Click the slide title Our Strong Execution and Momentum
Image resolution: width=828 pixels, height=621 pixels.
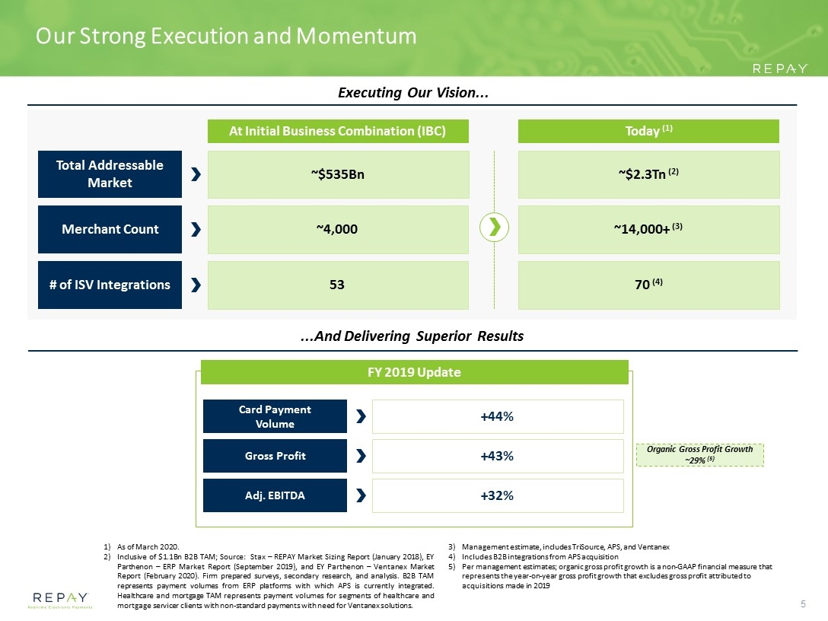click(x=226, y=36)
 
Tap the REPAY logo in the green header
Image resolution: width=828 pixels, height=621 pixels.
click(x=780, y=68)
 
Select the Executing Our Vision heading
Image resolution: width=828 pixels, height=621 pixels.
click(x=413, y=93)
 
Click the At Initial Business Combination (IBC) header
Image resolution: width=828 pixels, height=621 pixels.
click(x=338, y=131)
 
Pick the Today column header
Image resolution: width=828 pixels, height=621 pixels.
click(x=648, y=131)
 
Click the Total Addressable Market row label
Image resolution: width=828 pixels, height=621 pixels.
click(x=110, y=174)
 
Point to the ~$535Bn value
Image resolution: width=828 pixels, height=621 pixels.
click(x=338, y=174)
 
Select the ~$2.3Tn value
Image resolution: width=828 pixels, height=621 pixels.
click(x=648, y=174)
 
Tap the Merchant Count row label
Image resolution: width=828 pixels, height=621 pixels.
click(x=110, y=229)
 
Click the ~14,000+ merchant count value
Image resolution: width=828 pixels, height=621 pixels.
click(x=648, y=228)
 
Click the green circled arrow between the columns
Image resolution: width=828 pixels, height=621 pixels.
click(x=494, y=227)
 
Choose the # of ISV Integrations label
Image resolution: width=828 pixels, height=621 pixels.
click(x=110, y=285)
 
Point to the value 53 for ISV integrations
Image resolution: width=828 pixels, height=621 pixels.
click(x=337, y=285)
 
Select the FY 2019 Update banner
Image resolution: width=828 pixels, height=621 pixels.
click(x=415, y=372)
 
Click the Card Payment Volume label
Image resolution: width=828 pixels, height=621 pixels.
click(x=275, y=416)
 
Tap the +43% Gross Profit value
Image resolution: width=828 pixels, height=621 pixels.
click(x=497, y=456)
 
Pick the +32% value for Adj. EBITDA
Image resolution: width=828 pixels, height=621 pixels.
click(x=497, y=495)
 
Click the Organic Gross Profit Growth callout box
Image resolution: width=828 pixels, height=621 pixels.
click(x=700, y=454)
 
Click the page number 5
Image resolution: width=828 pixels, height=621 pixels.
click(x=803, y=604)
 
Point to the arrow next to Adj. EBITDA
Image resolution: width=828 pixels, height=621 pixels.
click(x=361, y=495)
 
